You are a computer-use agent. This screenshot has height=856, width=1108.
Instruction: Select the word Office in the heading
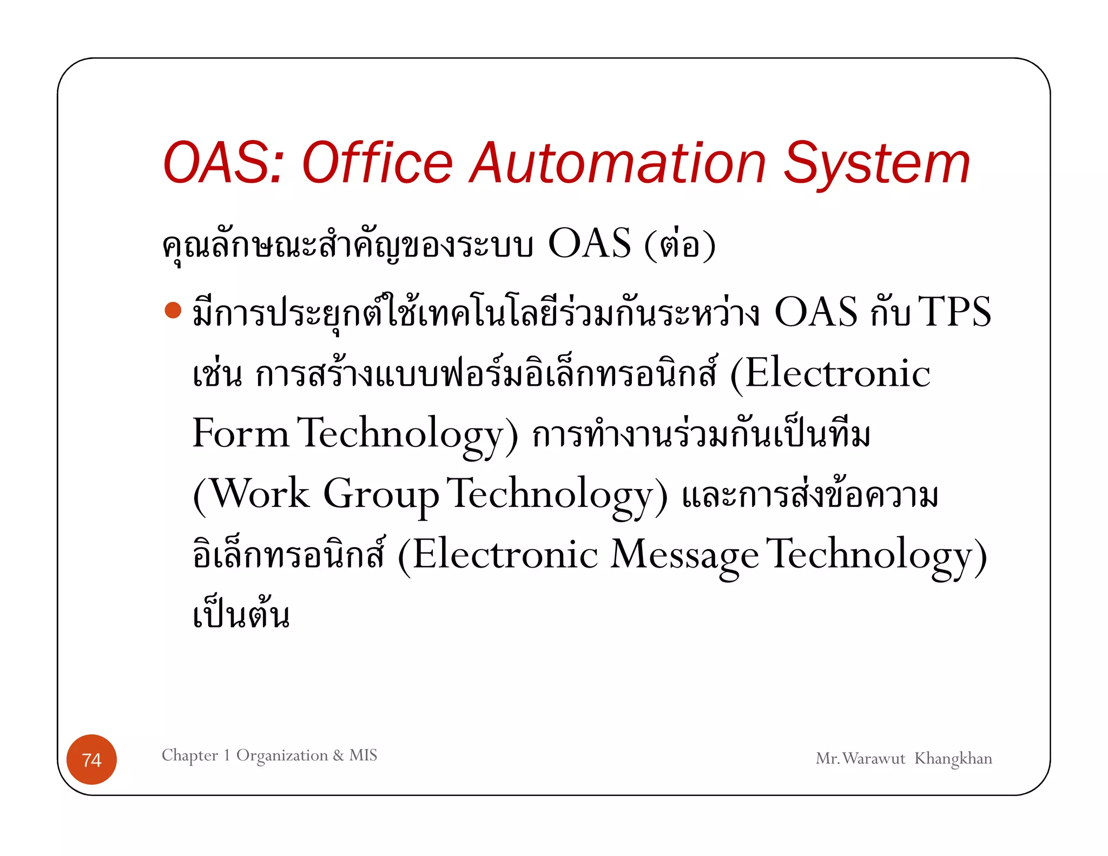[x=377, y=163]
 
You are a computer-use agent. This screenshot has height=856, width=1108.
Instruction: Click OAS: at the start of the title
[x=223, y=163]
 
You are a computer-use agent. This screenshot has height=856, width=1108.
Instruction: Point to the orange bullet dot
[x=173, y=310]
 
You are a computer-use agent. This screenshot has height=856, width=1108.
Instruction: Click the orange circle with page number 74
[x=91, y=760]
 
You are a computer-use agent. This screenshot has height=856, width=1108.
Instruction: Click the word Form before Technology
[x=241, y=433]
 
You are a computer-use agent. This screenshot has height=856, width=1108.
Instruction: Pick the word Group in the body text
[x=381, y=495]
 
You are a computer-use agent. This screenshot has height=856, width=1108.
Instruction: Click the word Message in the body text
[x=684, y=555]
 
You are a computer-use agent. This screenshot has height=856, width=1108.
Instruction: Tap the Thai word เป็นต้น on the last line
[x=241, y=615]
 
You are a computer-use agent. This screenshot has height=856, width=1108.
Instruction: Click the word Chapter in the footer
[x=190, y=755]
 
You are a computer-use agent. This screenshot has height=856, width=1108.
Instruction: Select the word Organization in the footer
[x=282, y=755]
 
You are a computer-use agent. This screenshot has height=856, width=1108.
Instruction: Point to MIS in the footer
[x=363, y=755]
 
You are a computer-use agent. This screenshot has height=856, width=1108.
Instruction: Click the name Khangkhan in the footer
[x=953, y=759]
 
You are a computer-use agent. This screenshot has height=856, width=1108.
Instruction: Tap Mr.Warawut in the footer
[x=860, y=759]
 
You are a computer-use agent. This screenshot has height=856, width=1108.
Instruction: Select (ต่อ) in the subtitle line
[x=680, y=245]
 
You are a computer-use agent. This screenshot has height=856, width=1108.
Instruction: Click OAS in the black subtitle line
[x=589, y=243]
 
